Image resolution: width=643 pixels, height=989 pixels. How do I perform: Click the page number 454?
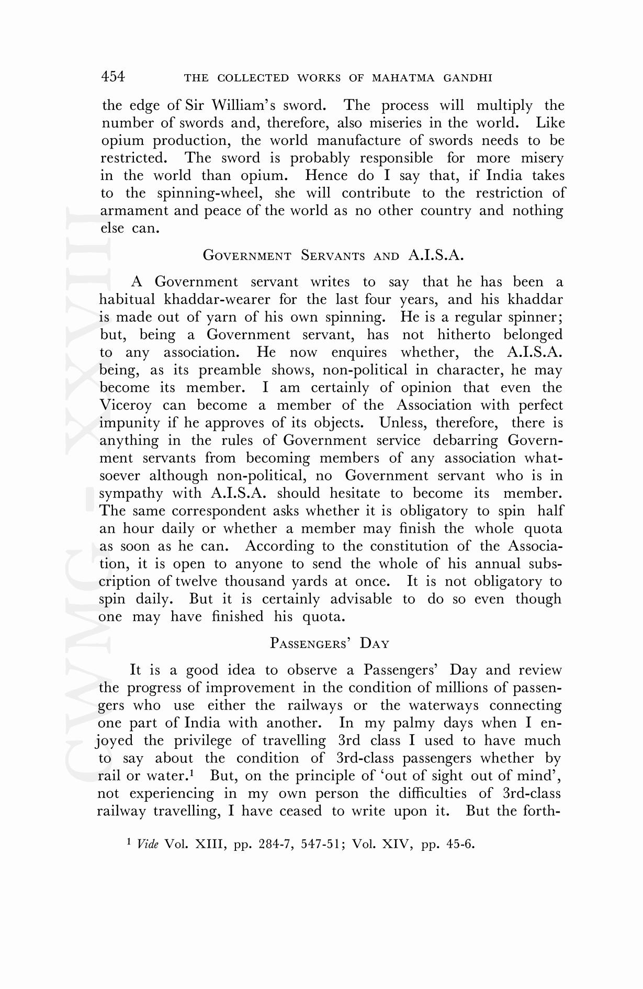tap(113, 77)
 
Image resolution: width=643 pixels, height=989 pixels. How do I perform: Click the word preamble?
tap(229, 370)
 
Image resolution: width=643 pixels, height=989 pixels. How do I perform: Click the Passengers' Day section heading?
tap(330, 643)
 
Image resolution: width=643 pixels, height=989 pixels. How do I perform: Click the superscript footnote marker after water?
tap(192, 772)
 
